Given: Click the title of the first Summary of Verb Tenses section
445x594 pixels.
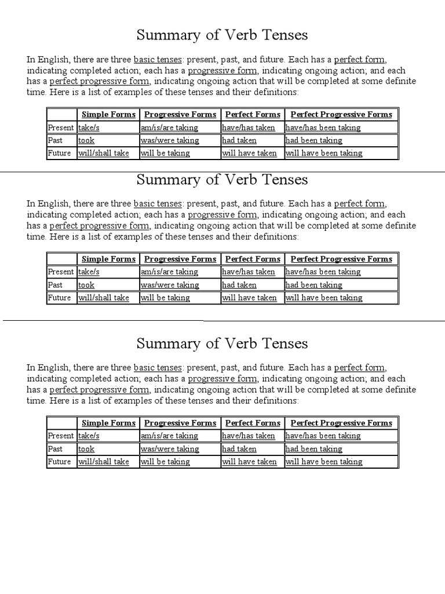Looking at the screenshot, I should click(x=222, y=35).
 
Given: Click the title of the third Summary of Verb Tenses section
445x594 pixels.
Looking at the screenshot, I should click(x=222, y=343).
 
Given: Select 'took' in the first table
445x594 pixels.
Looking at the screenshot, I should click(x=86, y=140).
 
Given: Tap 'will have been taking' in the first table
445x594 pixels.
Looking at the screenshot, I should click(x=324, y=153).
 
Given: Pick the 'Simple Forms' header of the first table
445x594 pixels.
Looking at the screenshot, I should click(x=108, y=114).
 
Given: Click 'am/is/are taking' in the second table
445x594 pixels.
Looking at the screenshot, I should click(x=169, y=271).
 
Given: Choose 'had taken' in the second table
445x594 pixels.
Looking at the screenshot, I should click(x=239, y=285).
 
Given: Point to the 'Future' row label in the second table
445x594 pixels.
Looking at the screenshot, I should click(x=60, y=298).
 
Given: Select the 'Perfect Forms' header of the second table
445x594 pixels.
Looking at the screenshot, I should click(x=253, y=259).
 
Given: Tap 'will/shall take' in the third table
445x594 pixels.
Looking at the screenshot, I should click(x=104, y=462).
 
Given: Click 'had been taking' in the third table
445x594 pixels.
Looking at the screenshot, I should click(x=314, y=449).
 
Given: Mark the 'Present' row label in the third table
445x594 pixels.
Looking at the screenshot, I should click(x=61, y=436).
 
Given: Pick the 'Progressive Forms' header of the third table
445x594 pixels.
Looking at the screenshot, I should click(x=180, y=423).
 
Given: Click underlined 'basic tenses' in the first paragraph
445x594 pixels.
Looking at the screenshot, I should click(x=158, y=59).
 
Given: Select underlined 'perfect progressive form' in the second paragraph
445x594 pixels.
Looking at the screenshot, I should click(x=99, y=226).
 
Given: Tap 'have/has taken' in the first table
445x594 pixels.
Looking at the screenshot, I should click(x=249, y=128).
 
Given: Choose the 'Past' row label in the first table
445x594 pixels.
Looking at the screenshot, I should click(x=56, y=140).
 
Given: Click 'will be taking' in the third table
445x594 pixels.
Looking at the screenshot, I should click(x=165, y=462).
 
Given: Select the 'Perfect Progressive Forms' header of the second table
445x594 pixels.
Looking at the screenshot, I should click(x=341, y=259).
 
